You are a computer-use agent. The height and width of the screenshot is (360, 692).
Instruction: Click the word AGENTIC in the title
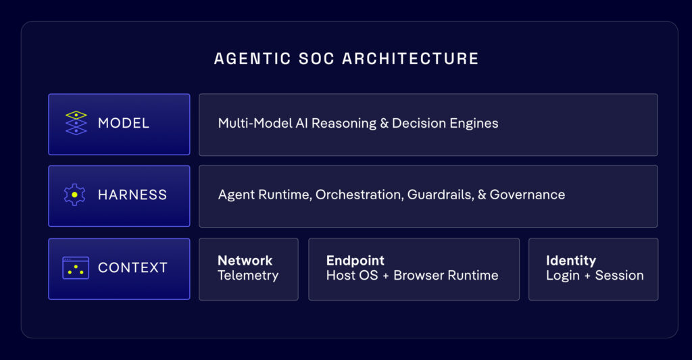click(x=253, y=59)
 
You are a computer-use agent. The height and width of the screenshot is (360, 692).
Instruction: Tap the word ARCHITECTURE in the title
click(x=410, y=59)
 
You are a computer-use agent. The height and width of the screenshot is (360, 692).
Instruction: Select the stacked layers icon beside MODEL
click(x=76, y=123)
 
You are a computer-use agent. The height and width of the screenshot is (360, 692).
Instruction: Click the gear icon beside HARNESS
click(x=74, y=195)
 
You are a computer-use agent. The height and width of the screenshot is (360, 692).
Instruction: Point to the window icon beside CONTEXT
click(x=76, y=267)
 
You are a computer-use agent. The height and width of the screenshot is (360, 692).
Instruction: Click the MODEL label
click(x=124, y=123)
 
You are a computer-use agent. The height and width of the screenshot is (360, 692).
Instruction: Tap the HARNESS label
click(x=132, y=195)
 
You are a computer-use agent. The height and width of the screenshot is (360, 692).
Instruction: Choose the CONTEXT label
click(x=133, y=267)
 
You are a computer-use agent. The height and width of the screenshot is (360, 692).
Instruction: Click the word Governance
click(x=527, y=195)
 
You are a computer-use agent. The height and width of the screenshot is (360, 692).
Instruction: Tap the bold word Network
click(x=245, y=260)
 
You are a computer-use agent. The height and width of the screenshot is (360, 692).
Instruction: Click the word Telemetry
click(x=248, y=276)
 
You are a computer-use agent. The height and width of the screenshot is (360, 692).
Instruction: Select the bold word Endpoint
click(x=355, y=261)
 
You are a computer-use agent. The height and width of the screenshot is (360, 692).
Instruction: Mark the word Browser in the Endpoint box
click(x=419, y=276)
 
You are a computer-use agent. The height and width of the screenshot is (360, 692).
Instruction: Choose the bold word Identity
click(x=571, y=261)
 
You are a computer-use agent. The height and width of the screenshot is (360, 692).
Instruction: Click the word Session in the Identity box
click(x=619, y=276)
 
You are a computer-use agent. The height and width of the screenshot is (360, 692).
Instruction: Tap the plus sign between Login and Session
click(x=587, y=276)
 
